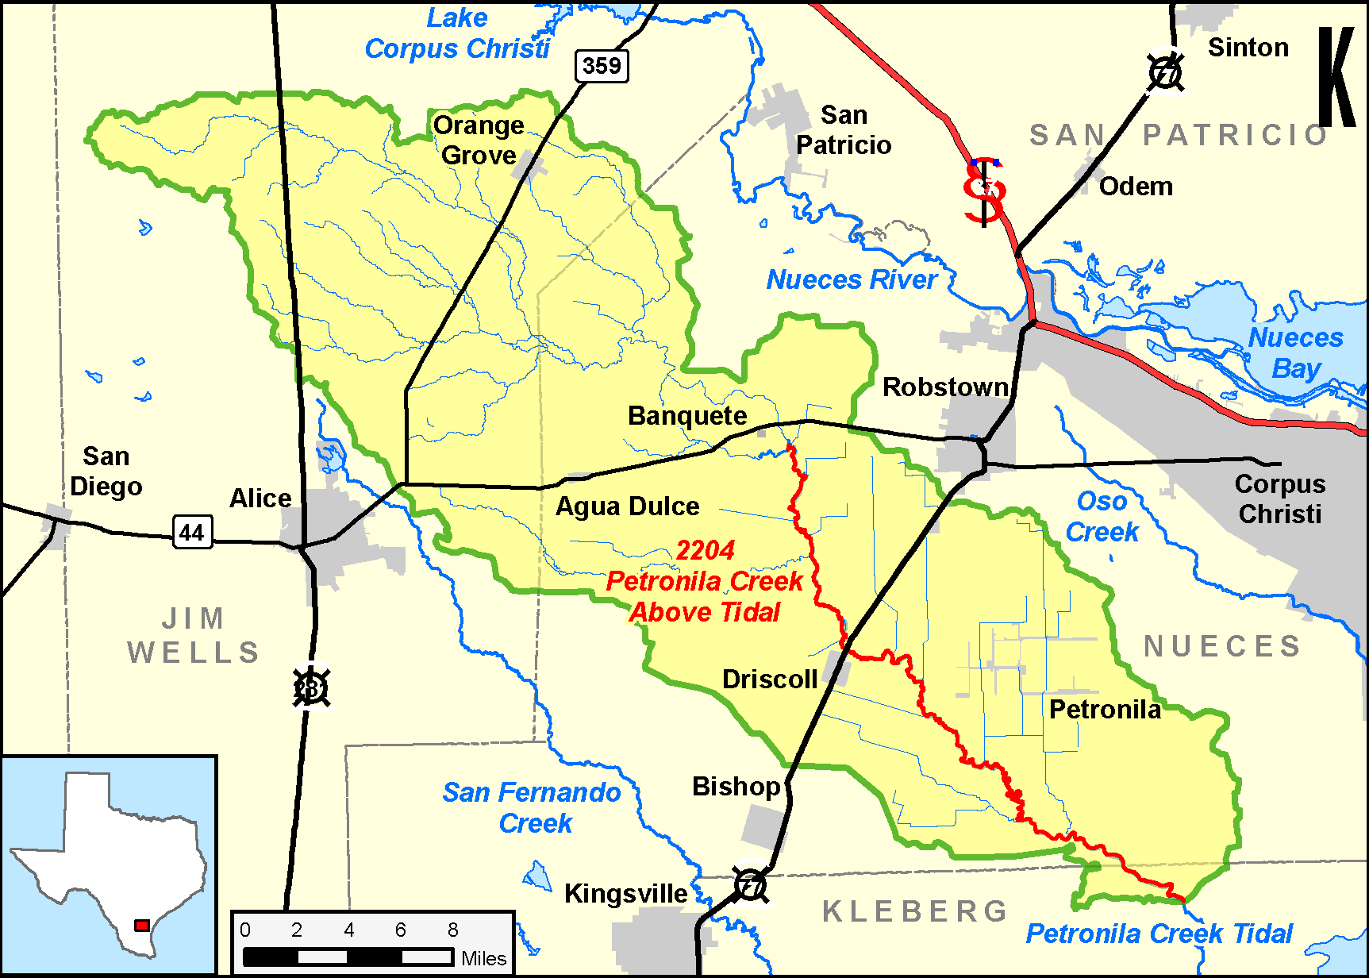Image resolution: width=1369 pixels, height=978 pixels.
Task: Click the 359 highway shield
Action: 602,65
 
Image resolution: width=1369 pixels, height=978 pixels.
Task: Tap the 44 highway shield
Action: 192,532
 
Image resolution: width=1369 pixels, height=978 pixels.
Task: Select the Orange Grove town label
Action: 479,140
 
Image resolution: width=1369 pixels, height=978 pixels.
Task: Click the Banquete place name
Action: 687,415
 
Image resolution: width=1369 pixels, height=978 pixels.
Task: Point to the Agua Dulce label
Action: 627,506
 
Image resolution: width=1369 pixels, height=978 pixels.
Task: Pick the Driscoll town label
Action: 769,679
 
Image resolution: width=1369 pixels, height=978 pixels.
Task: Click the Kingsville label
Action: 625,893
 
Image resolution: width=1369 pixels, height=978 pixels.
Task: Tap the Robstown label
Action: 945,387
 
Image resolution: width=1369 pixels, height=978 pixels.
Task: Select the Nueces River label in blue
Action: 852,279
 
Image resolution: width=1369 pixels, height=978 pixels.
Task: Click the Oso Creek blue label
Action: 1102,516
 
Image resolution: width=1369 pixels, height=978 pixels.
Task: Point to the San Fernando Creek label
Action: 532,807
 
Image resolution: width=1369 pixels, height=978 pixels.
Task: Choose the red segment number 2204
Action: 705,549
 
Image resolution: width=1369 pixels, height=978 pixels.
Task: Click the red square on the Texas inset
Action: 142,926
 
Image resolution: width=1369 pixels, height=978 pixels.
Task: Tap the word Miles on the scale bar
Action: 483,958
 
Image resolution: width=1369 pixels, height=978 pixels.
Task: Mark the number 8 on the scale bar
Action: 452,930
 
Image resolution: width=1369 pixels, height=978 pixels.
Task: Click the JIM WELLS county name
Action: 193,635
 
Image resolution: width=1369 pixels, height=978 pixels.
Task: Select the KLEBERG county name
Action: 914,911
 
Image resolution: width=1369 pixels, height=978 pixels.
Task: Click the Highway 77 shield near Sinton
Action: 1165,73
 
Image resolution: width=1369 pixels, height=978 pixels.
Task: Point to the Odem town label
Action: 1136,187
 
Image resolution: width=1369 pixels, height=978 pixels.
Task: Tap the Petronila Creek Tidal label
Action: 1159,934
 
